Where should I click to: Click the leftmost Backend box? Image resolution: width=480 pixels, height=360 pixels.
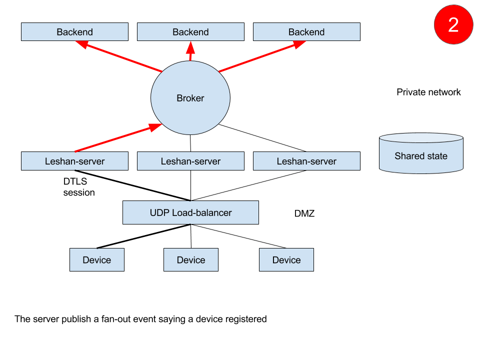74,32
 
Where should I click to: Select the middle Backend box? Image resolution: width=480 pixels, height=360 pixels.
190,32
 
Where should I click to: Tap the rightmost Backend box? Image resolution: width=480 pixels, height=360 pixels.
306,32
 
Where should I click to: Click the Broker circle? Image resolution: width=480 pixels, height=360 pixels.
190,98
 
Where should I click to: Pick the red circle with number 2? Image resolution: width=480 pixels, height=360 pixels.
453,24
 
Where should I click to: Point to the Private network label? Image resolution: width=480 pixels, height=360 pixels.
428,92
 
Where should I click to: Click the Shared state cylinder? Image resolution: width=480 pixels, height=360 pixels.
421,153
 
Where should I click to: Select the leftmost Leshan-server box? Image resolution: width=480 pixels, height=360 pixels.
74,161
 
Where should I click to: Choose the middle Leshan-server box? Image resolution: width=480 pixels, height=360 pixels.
190,161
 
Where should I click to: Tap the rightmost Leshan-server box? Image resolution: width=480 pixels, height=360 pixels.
306,161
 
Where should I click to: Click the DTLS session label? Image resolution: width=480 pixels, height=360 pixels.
78,187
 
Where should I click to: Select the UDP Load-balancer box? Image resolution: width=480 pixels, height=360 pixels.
190,212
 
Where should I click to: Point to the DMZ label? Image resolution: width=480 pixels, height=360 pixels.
304,214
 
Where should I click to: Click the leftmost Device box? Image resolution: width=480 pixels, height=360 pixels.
96,260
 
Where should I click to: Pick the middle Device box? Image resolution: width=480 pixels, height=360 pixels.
191,260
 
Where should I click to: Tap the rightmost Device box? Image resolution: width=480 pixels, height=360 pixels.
286,260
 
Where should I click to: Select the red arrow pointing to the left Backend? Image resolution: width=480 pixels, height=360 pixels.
120,56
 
